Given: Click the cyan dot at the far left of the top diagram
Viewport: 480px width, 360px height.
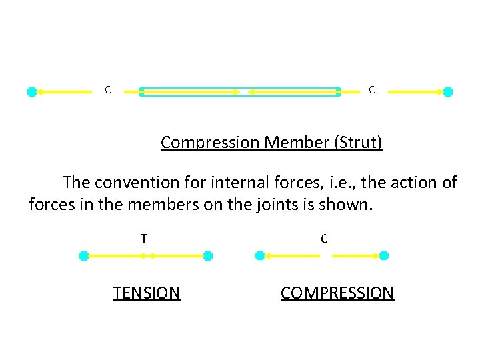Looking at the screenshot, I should pos(32,92).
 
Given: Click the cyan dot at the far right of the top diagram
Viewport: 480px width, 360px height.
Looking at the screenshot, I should pos(448,92).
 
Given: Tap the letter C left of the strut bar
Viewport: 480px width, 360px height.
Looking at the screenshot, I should pos(107,89).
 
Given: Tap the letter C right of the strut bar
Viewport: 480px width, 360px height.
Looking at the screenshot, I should pos(371,89).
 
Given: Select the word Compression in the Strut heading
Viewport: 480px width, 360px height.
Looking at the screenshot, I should pos(210,143).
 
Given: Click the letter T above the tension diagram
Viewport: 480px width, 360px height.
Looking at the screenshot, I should pos(144,238).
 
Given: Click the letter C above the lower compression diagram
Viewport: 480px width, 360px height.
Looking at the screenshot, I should pos(324,238).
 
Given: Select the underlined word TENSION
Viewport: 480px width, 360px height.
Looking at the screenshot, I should pos(147,293).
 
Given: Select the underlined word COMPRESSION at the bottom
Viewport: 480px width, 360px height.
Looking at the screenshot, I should pos(337,293).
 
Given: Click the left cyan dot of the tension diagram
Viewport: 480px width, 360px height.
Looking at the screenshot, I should pos(84,255).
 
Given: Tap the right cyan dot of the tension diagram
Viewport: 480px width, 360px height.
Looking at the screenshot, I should pos(208,255).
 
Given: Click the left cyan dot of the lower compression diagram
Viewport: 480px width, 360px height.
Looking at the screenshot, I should pos(260,255).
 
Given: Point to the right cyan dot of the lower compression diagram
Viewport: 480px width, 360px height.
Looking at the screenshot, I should pos(384,255).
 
